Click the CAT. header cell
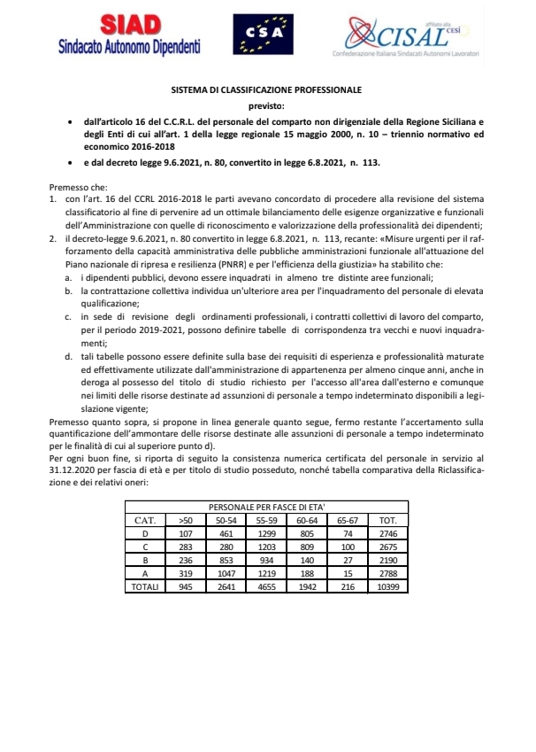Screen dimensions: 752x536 click(144, 519)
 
